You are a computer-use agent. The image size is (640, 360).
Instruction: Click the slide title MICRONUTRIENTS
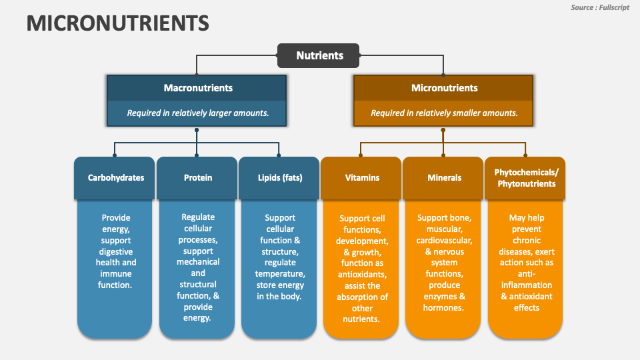click(117, 23)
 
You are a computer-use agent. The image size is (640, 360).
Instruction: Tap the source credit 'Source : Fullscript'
click(600, 7)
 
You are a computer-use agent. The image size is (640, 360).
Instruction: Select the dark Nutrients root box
click(319, 55)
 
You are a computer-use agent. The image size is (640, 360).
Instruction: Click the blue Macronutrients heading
click(198, 87)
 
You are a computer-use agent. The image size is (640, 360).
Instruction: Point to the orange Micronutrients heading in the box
click(444, 87)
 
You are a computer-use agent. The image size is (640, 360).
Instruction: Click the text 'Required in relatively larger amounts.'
click(198, 113)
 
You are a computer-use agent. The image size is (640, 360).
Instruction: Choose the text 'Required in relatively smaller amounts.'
click(444, 113)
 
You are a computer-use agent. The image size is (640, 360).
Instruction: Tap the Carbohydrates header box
click(116, 178)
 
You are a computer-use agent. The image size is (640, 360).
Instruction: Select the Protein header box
click(198, 178)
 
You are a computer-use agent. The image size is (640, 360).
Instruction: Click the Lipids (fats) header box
click(280, 178)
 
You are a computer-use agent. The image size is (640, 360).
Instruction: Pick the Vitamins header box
click(362, 178)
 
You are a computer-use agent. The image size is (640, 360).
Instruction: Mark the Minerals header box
click(444, 178)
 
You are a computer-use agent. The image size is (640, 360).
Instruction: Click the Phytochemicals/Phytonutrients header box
click(526, 178)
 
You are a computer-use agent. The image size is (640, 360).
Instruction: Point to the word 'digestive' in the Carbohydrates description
click(116, 251)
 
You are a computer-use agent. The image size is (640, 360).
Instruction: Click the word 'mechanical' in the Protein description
click(198, 262)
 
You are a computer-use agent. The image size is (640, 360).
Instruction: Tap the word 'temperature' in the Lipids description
click(280, 274)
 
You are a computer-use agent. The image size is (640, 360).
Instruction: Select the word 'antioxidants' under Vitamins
click(362, 275)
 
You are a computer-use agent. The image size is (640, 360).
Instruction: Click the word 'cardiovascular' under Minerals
click(444, 241)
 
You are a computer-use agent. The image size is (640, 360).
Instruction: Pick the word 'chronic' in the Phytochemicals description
click(526, 241)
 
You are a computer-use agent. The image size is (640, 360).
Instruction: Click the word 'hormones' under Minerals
click(443, 307)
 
